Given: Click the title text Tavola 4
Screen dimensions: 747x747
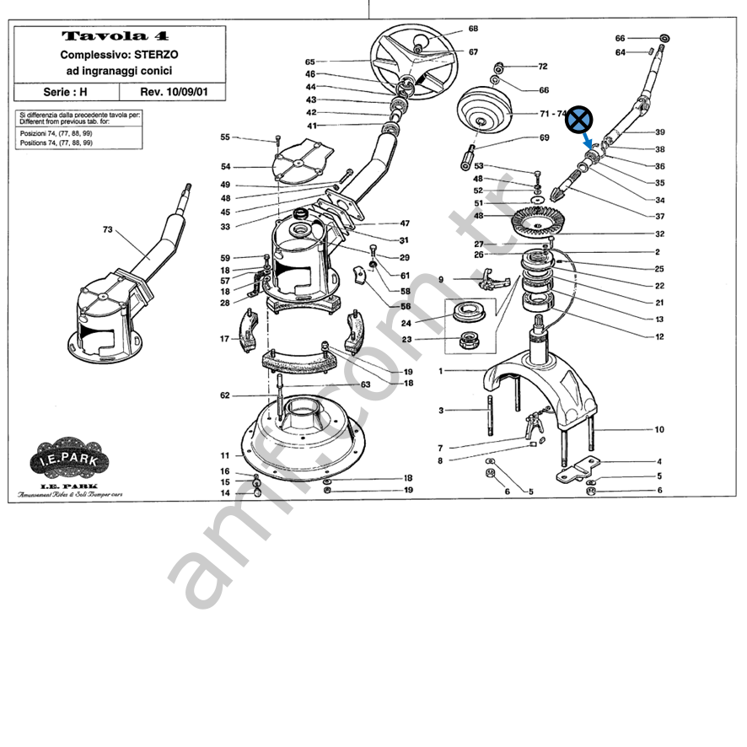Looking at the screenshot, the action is [x=116, y=36].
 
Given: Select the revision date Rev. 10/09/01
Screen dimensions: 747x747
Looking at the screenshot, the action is [x=173, y=91].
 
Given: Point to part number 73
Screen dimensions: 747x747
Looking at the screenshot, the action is [x=108, y=229].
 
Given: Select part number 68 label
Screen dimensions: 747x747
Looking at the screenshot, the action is [x=473, y=29].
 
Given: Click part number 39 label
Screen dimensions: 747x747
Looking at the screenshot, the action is [x=659, y=132].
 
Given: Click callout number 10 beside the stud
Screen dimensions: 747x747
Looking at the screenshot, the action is [x=659, y=430].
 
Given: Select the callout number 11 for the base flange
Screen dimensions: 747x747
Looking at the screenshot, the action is [x=225, y=455].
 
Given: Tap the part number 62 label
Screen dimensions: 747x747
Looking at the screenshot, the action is [x=225, y=395].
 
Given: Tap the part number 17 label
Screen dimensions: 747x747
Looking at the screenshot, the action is [x=225, y=339].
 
